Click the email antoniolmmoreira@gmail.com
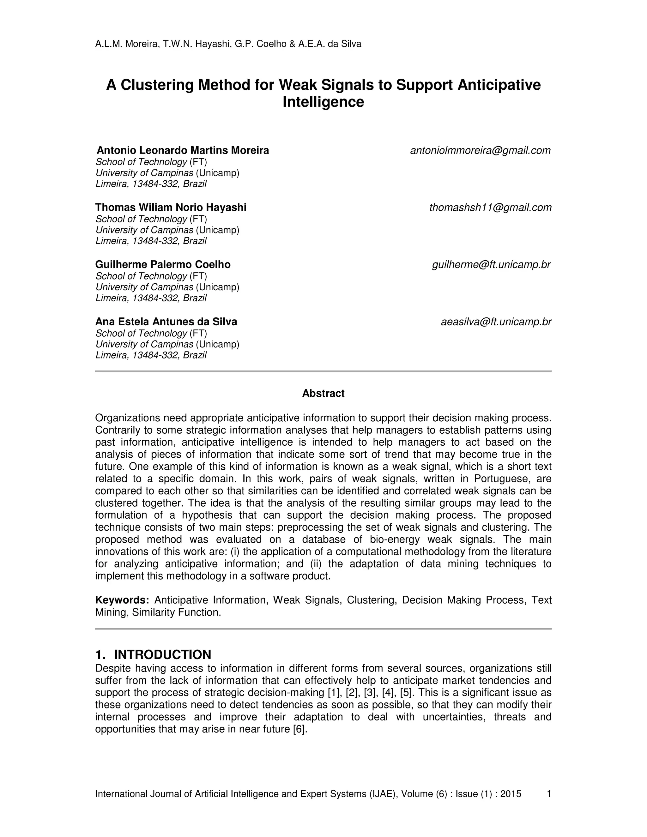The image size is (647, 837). (x=480, y=151)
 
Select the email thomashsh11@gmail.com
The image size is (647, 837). (x=490, y=208)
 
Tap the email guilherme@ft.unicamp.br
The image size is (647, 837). (x=491, y=265)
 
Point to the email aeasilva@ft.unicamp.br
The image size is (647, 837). (x=496, y=322)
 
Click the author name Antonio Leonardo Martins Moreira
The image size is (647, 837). (x=183, y=151)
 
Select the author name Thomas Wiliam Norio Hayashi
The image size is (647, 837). (x=171, y=208)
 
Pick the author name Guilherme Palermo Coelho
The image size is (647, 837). (x=163, y=265)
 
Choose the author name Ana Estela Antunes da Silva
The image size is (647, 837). (x=166, y=322)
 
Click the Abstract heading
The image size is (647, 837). (x=323, y=394)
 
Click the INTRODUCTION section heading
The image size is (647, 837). (x=162, y=654)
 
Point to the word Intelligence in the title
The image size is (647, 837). (x=323, y=102)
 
